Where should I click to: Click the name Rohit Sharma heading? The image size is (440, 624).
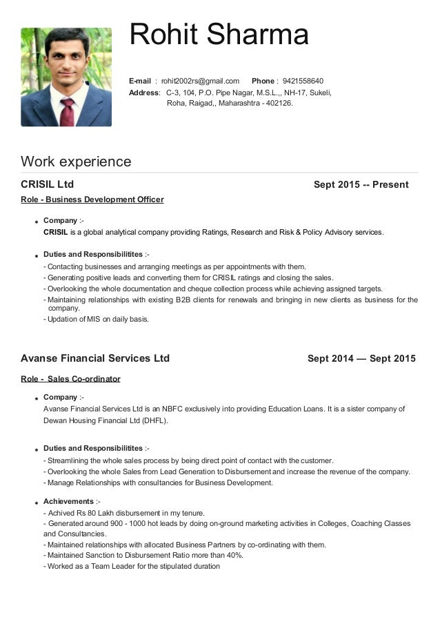tap(219, 35)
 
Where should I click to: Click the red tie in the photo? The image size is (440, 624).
tap(67, 110)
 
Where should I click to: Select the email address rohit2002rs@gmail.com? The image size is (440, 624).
tap(200, 81)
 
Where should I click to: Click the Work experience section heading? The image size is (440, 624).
tap(76, 162)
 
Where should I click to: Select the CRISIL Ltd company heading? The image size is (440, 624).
tap(48, 184)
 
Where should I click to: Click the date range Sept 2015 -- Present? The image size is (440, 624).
tap(361, 184)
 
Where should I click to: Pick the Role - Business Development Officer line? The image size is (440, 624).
tap(92, 199)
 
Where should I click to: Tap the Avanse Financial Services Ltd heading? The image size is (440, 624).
tap(95, 358)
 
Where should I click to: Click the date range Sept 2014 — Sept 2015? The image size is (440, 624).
tap(361, 358)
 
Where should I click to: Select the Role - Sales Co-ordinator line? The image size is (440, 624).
tap(70, 379)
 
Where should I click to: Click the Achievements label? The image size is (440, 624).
tap(68, 501)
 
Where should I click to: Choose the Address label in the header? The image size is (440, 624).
tap(143, 92)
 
